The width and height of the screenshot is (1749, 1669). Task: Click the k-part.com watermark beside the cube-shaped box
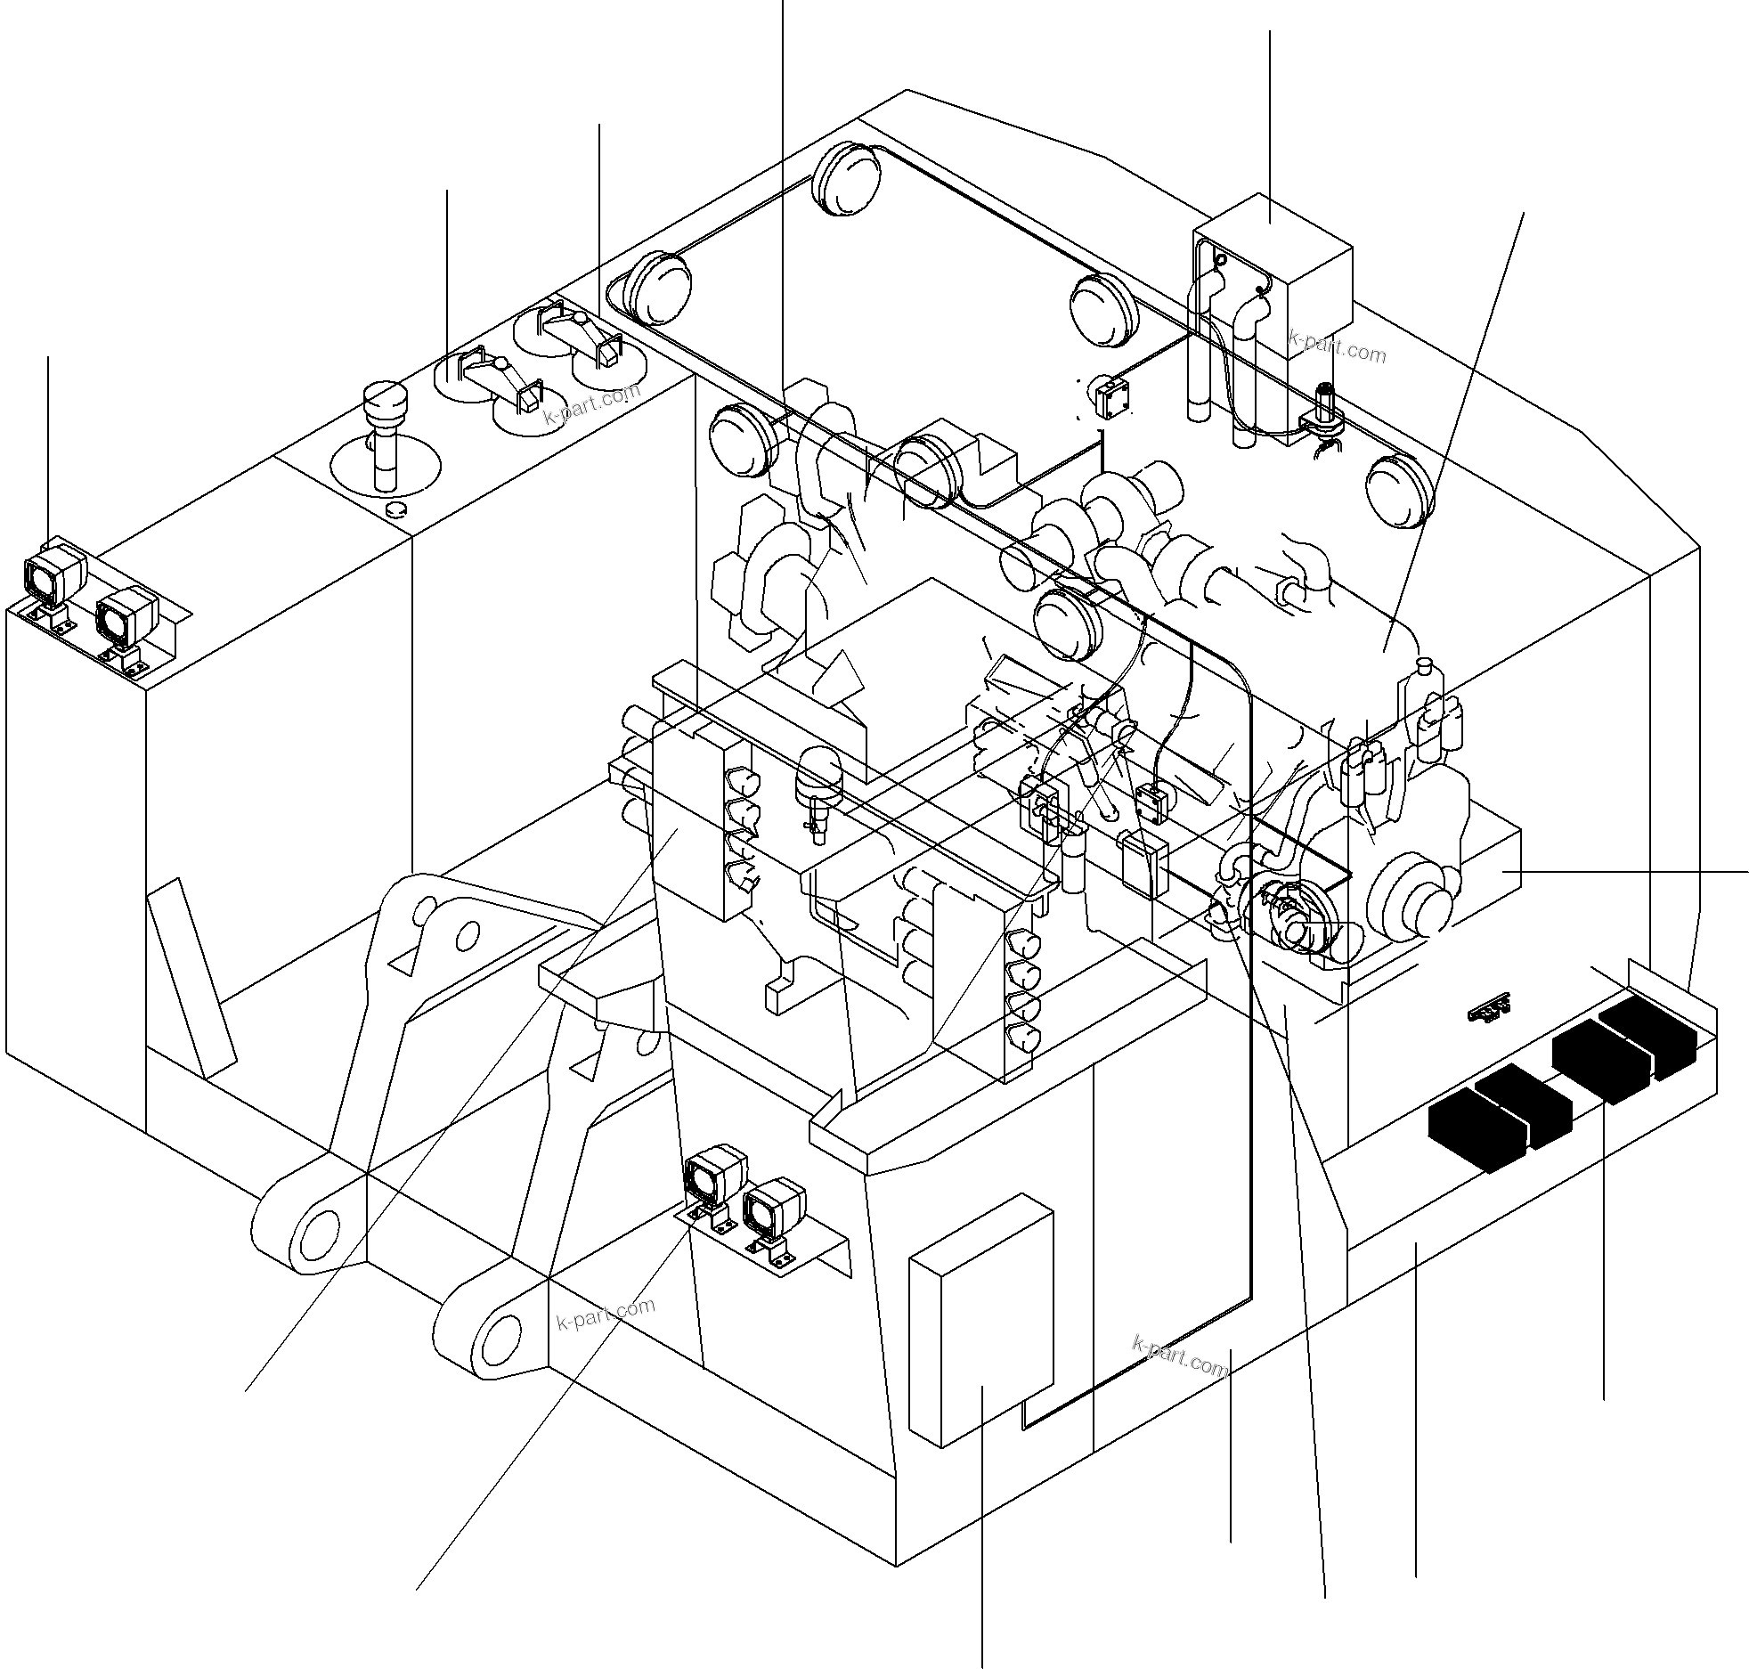pyautogui.click(x=1338, y=347)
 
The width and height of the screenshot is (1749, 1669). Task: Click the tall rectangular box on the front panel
pyautogui.click(x=980, y=1323)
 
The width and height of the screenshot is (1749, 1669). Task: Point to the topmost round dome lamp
pyautogui.click(x=847, y=178)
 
